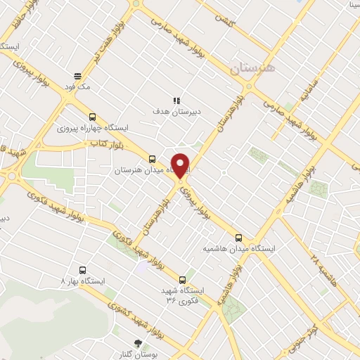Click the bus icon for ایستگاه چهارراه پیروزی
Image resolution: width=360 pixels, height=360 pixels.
tap(92, 117)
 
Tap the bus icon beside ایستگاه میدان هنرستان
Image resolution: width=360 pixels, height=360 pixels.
tap(153, 159)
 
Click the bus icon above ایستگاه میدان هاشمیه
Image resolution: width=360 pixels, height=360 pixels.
tap(240, 237)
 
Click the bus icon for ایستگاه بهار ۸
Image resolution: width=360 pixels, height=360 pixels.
tap(83, 269)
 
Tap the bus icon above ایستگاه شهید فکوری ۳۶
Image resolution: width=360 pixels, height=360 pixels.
tap(183, 279)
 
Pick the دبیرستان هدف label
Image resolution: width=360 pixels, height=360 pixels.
tap(177, 111)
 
